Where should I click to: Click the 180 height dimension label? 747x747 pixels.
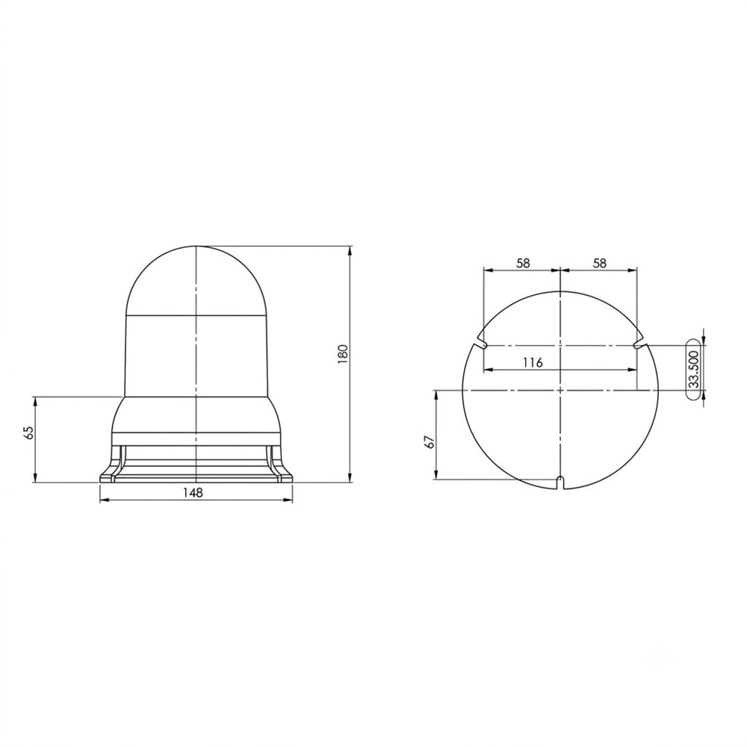point(344,354)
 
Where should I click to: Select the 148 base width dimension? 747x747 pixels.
point(193,492)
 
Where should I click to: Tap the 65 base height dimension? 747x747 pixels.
point(29,433)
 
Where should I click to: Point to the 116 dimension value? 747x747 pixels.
point(533,362)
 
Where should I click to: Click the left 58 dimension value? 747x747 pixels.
point(523,262)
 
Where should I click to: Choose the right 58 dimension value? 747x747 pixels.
point(601,262)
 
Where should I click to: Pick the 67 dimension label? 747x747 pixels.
point(430,442)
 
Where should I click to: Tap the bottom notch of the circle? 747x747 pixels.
point(561,482)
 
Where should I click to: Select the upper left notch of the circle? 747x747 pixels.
point(481,343)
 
